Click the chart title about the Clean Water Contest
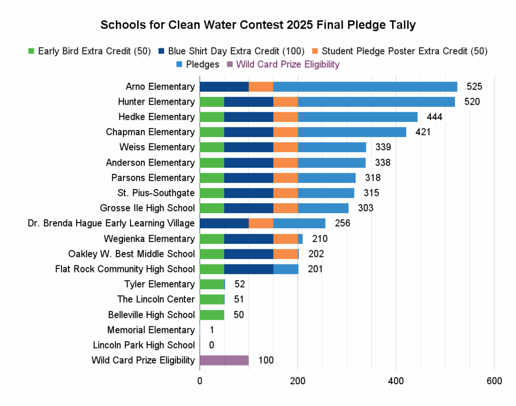click(257, 25)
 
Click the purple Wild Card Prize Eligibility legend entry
click(283, 64)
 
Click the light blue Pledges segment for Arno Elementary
click(365, 87)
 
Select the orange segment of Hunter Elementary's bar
click(285, 102)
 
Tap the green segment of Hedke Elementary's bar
click(212, 117)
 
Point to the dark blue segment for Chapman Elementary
click(248, 132)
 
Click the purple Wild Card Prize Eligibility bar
click(224, 360)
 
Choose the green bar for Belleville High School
click(212, 315)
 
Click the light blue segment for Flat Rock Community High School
click(286, 269)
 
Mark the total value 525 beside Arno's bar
click(474, 87)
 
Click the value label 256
click(342, 223)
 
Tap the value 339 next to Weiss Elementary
click(383, 147)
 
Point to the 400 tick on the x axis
click(396, 381)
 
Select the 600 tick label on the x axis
click(494, 381)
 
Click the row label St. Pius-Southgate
click(159, 193)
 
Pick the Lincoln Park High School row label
click(144, 345)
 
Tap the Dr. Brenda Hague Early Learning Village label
click(111, 223)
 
